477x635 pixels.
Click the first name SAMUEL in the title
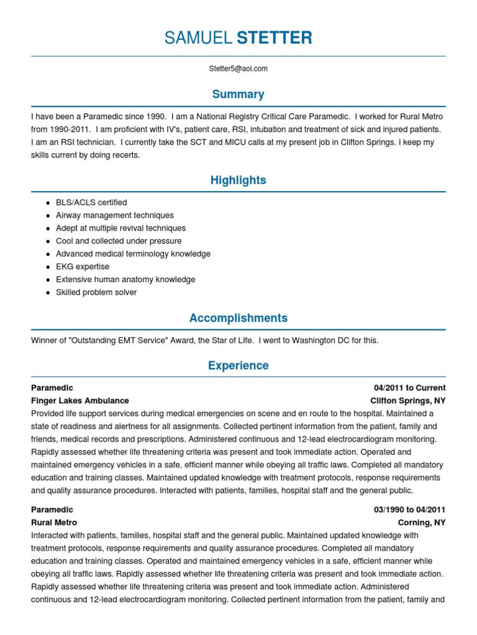(x=198, y=38)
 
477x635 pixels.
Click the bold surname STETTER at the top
(x=275, y=38)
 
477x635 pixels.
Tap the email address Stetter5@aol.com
(x=238, y=69)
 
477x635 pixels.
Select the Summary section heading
(x=238, y=94)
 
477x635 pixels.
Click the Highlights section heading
(x=238, y=180)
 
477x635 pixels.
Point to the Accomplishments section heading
(x=238, y=318)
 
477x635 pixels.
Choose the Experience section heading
(x=238, y=366)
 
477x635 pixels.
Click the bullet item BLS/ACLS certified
(x=91, y=202)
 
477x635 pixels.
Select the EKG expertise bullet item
(x=83, y=267)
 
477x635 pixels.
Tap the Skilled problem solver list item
(x=96, y=292)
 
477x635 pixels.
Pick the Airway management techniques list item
(x=115, y=215)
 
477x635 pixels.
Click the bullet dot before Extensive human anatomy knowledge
(x=48, y=280)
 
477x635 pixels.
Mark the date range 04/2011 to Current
(x=410, y=388)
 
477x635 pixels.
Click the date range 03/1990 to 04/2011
(x=410, y=510)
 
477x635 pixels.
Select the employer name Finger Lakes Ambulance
(x=80, y=401)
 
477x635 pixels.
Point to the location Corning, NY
(x=422, y=523)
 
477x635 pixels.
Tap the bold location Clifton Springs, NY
(x=408, y=401)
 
